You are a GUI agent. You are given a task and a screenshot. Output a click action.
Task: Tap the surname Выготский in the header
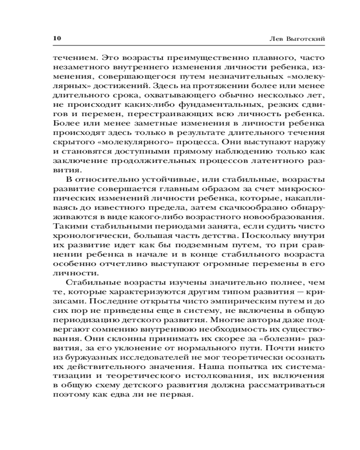click(307, 39)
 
